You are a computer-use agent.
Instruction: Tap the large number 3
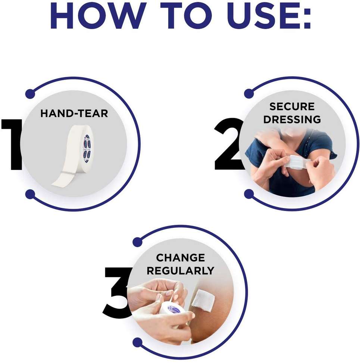pos(117,293)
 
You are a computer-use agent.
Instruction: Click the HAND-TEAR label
pos(74,114)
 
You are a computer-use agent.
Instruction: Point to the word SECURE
pos(292,106)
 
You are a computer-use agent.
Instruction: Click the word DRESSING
pos(292,120)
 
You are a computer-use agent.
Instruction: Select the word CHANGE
pos(180,258)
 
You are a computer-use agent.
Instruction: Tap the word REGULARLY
pos(180,271)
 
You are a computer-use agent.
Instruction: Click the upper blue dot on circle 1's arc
pos(30,94)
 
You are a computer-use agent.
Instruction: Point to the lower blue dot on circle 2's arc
pos(249,194)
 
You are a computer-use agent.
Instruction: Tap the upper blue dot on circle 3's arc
pos(138,242)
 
